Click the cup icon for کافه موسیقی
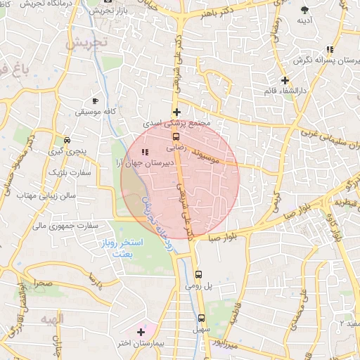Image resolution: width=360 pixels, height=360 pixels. click(96, 101)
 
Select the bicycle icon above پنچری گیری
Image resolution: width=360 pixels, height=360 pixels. click(67, 140)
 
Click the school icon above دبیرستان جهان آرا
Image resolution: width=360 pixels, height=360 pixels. click(145, 152)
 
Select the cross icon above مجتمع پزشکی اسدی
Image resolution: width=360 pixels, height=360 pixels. click(176, 112)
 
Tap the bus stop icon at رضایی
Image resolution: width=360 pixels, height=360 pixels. click(176, 137)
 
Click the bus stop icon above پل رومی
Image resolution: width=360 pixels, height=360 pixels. click(198, 274)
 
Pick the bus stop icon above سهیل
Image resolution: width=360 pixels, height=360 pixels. click(201, 317)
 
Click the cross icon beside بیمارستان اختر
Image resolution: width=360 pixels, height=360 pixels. click(141, 330)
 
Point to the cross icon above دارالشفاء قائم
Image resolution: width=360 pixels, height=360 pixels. click(285, 80)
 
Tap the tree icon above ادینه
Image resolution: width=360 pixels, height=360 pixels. click(304, 9)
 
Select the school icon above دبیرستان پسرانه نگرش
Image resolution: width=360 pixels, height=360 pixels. click(329, 49)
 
